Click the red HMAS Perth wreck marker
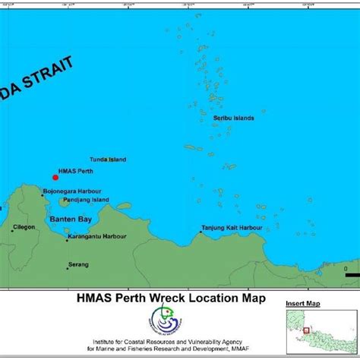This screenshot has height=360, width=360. pyautogui.click(x=55, y=176)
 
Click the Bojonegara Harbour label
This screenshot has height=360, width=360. pyautogui.click(x=73, y=191)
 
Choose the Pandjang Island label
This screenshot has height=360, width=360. pyautogui.click(x=90, y=200)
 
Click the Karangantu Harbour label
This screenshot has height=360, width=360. pyautogui.click(x=97, y=236)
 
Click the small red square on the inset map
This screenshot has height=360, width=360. pyautogui.click(x=307, y=329)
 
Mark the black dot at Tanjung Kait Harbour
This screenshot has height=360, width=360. pyautogui.click(x=201, y=232)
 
